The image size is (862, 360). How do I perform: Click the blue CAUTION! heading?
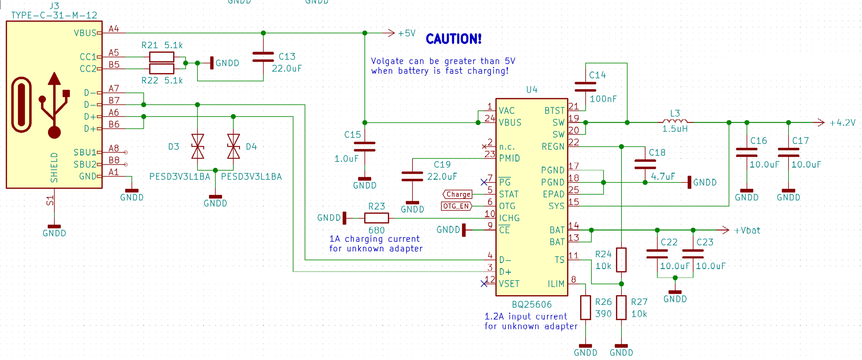453,39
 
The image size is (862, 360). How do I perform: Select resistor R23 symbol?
377,218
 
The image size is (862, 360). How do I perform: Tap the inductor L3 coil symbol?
675,121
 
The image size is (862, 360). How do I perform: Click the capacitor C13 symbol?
263,57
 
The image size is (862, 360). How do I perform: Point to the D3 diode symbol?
198,147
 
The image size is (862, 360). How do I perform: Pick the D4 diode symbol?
233,147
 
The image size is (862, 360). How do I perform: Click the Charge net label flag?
458,194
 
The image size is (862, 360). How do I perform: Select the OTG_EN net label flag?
457,206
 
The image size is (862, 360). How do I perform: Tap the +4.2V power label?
842,123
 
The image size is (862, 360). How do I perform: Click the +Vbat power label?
747,230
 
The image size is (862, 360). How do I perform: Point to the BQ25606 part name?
532,304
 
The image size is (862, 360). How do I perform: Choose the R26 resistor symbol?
586,308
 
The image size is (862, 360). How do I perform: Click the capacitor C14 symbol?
586,87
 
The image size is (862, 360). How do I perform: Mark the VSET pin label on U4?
509,284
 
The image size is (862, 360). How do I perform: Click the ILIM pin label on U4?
556,284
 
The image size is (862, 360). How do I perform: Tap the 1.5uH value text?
675,129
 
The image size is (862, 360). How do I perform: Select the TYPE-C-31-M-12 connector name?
54,15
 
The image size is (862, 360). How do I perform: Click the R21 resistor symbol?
162,57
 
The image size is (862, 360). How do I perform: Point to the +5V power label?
406,33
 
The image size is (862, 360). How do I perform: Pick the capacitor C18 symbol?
645,164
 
